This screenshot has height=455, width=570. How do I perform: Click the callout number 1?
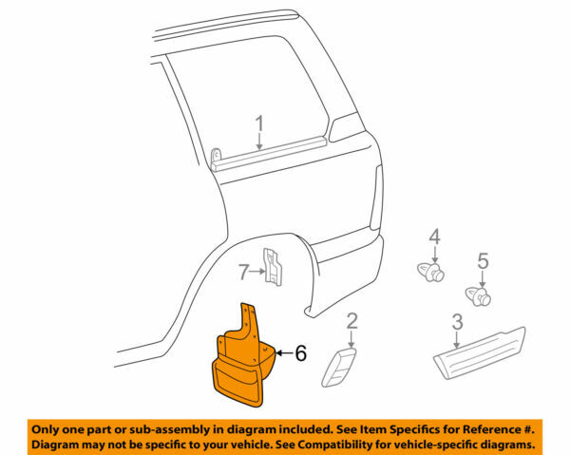[258, 123]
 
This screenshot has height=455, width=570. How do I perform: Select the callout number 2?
[351, 320]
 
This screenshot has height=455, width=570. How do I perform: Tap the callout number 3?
[457, 321]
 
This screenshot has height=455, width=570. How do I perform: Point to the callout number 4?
[433, 236]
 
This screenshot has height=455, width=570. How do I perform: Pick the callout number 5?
[482, 258]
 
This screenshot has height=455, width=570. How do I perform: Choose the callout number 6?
[300, 352]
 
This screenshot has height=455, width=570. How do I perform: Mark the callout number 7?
[242, 273]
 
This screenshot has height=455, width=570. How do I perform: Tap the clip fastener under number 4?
[432, 273]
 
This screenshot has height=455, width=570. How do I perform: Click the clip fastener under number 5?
[478, 294]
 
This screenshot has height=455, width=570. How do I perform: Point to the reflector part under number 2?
[341, 367]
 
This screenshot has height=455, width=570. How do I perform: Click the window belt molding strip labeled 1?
[275, 157]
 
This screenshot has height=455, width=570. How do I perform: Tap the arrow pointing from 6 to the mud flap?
[282, 352]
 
